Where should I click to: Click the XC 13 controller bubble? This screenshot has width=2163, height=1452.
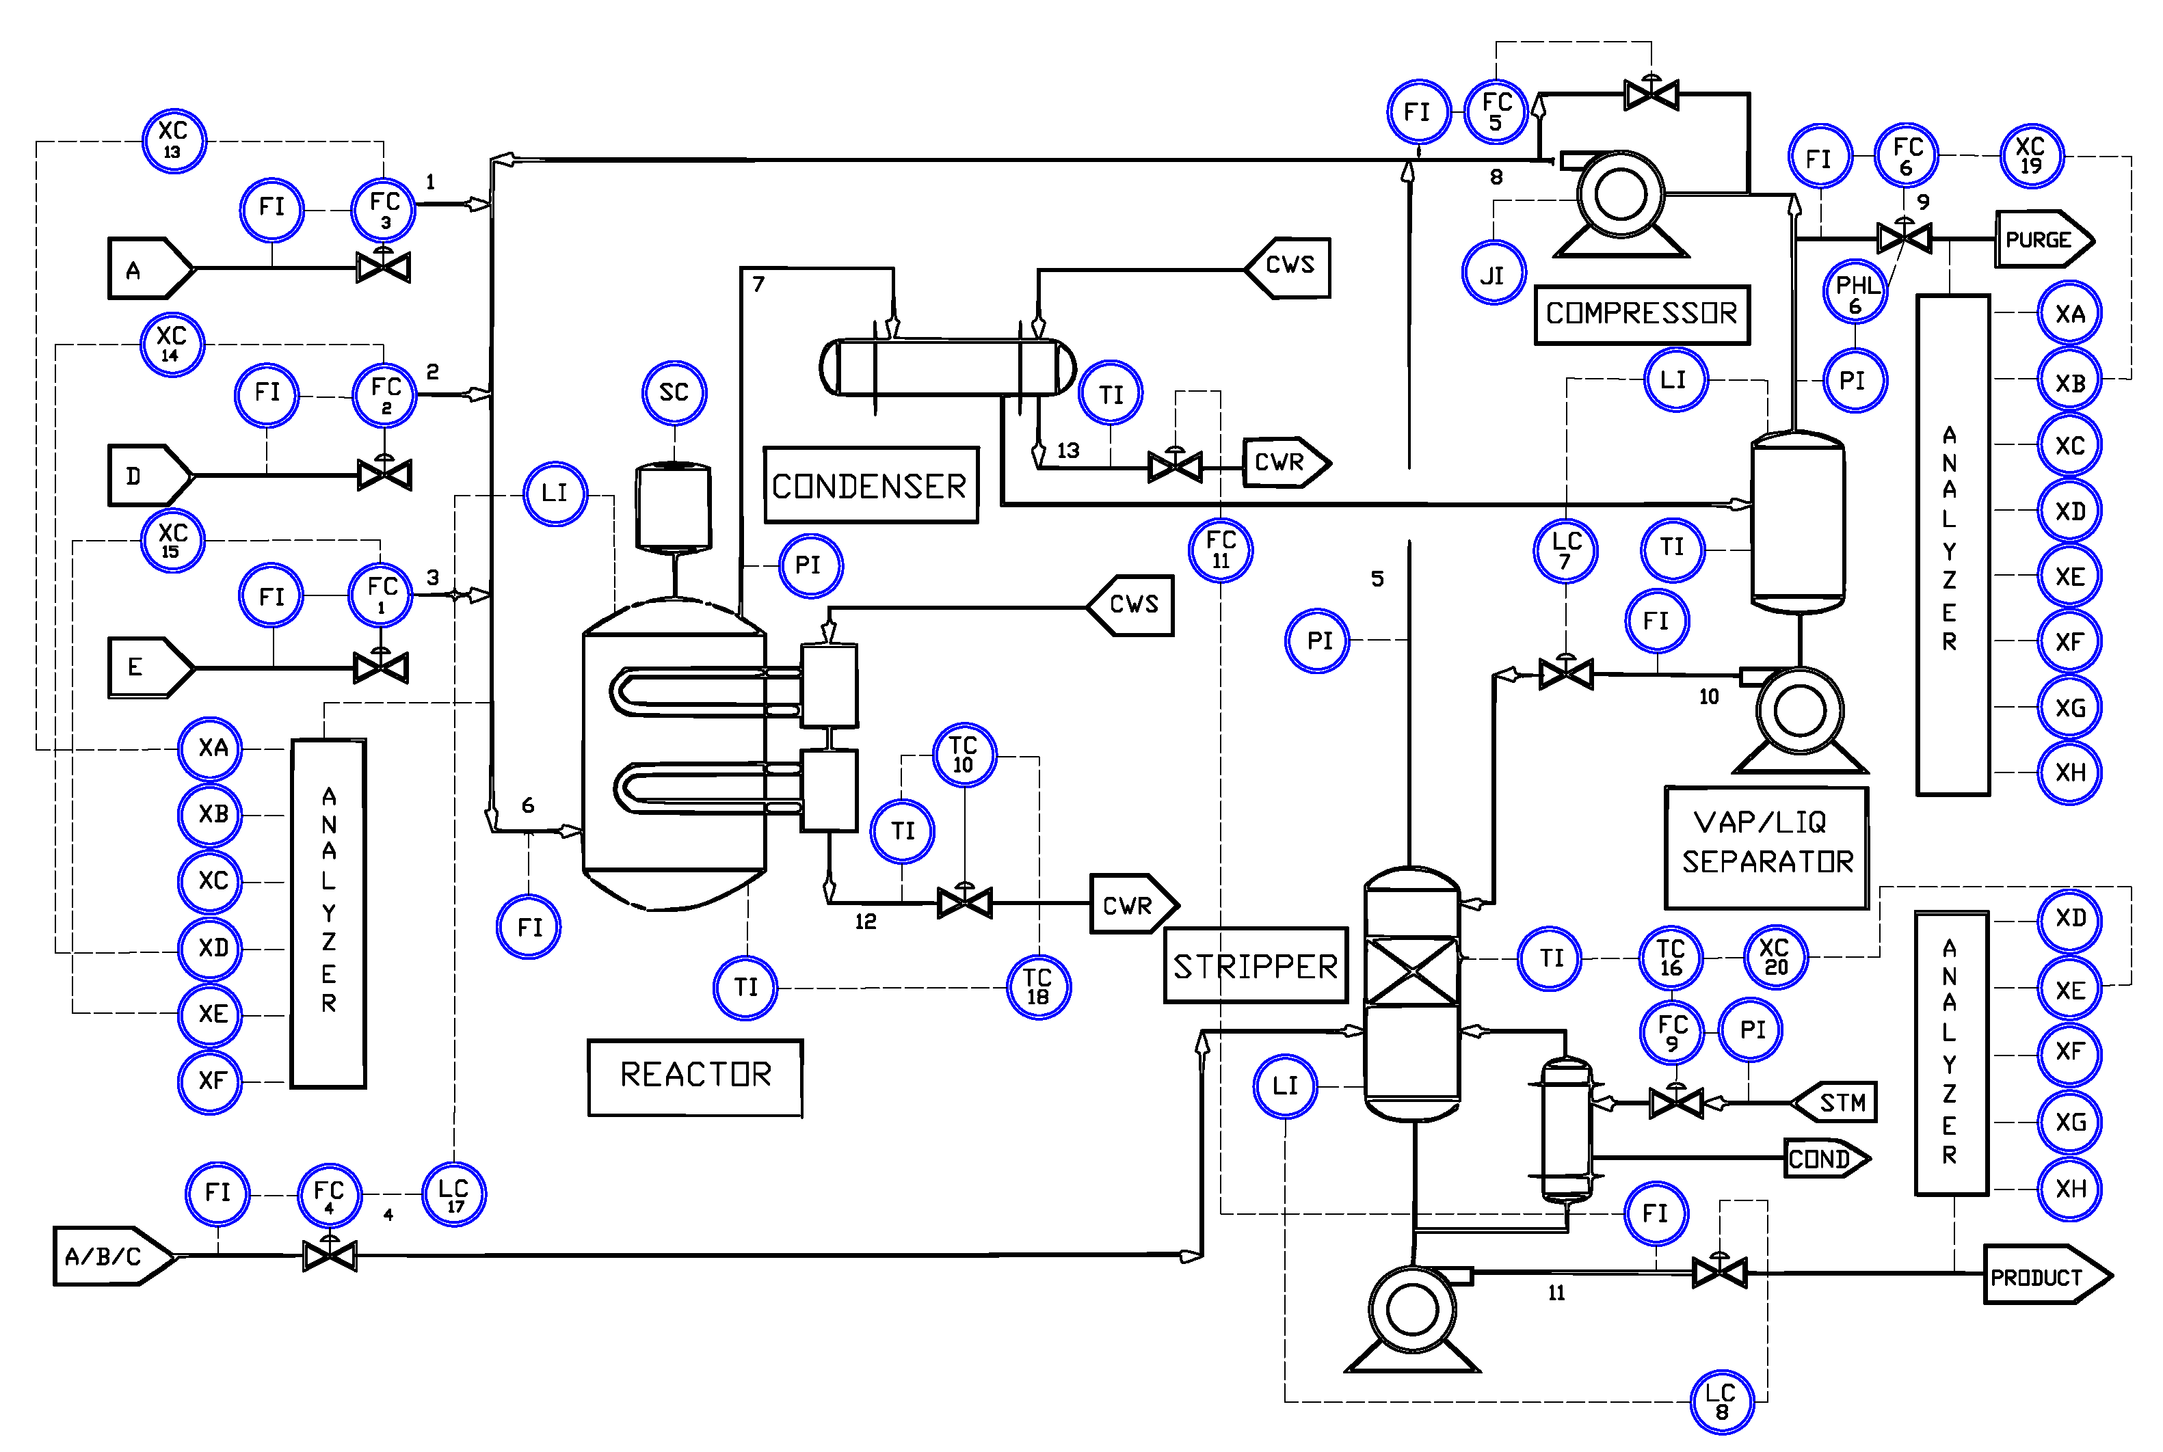173,140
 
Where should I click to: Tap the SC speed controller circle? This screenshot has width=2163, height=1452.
674,392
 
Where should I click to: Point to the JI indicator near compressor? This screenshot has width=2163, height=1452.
1492,273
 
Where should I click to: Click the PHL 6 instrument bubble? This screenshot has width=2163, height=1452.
1855,293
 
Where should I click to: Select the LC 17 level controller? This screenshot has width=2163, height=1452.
454,1194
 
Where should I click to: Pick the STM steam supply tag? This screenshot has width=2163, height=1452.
1836,1102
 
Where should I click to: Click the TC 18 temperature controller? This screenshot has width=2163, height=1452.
1037,987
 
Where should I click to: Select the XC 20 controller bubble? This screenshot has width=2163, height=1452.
1775,956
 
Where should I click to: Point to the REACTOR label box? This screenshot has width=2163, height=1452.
695,1076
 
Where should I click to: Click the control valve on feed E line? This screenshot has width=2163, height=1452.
381,667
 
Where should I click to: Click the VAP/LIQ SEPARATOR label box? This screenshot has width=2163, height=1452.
1766,847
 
